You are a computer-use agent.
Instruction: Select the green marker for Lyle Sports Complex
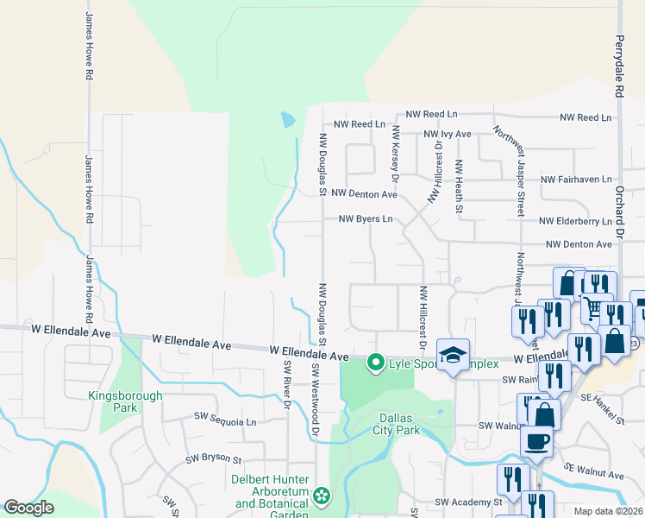(x=375, y=362)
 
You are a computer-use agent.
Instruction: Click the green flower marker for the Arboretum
(x=322, y=496)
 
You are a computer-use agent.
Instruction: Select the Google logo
(x=28, y=508)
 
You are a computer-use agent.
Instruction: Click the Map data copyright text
(x=609, y=511)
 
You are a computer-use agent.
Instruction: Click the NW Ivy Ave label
(x=447, y=134)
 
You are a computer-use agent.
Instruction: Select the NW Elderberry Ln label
(x=577, y=220)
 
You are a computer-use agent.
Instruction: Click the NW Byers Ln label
(x=365, y=219)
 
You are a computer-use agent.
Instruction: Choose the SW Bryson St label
(x=213, y=460)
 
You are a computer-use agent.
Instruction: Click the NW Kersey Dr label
(x=395, y=154)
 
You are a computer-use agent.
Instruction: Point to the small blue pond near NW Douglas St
(x=288, y=119)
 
